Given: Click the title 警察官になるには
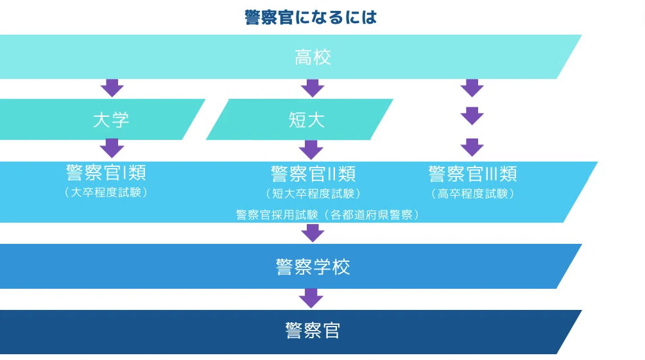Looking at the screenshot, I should [x=311, y=17].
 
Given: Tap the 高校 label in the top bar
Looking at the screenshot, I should [x=313, y=57].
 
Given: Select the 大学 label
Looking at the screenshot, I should [x=111, y=120].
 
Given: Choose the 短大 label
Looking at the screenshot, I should [x=307, y=120].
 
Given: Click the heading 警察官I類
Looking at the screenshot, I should [x=106, y=173].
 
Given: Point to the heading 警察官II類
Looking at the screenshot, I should [x=313, y=174].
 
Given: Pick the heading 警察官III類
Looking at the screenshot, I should [x=472, y=174].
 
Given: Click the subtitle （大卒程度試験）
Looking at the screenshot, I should [x=106, y=192].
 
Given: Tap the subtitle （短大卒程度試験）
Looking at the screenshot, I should [x=313, y=193].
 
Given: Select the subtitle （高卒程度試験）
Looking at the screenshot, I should [x=472, y=193].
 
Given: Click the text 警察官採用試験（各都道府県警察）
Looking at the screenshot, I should [x=328, y=215].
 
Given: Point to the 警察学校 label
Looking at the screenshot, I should [x=313, y=266].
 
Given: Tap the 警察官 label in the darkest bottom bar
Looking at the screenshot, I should [x=313, y=330].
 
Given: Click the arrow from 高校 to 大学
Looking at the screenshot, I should [x=112, y=88].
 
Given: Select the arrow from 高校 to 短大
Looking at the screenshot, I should [x=313, y=88].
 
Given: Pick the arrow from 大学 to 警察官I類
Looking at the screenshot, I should [x=112, y=148].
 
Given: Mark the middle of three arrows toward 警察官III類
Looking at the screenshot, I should [x=472, y=116].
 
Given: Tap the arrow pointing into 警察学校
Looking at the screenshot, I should [x=313, y=232].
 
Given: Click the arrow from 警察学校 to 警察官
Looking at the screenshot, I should [x=311, y=298].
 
